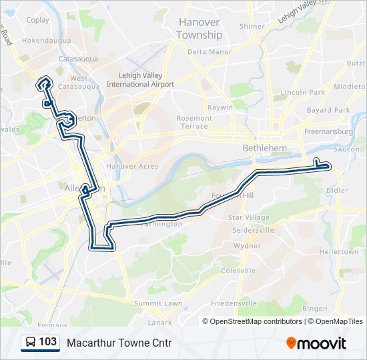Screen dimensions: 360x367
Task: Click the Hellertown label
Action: tap(338, 252)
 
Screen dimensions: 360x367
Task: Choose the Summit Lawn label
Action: tap(158, 303)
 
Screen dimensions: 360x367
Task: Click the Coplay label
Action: tap(38, 20)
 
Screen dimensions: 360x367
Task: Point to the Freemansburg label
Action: tap(329, 131)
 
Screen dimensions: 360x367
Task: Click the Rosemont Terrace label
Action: tap(194, 122)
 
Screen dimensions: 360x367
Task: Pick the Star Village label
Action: tap(248, 217)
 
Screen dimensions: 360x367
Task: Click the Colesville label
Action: tap(238, 271)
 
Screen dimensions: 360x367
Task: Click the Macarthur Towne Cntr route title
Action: tap(119, 343)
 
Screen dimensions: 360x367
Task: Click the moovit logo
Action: tap(316, 343)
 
